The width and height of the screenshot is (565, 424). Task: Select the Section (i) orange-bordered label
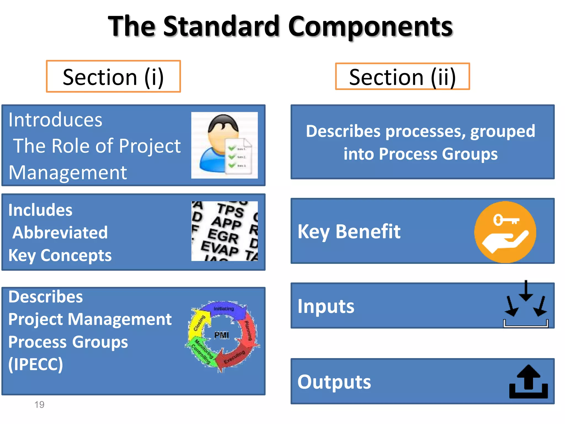point(113,76)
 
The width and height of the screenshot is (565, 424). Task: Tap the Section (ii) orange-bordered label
point(402,76)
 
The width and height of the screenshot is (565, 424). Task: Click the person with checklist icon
point(224,145)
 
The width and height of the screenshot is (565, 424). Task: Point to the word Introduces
point(55,120)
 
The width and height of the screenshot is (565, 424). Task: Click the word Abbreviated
point(60,232)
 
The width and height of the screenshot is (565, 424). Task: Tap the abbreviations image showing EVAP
point(224,231)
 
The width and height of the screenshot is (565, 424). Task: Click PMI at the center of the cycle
point(222,335)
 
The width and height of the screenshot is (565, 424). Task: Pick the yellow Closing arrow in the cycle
point(198,323)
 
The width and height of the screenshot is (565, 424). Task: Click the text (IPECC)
point(36,364)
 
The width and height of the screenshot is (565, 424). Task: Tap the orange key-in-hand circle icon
point(505,232)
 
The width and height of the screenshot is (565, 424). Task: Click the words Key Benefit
point(349,231)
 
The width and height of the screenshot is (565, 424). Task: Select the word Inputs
point(326,306)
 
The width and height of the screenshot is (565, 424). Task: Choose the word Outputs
point(334,382)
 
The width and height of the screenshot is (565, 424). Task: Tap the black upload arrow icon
point(528,382)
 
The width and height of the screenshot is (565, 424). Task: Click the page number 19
point(39,405)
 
